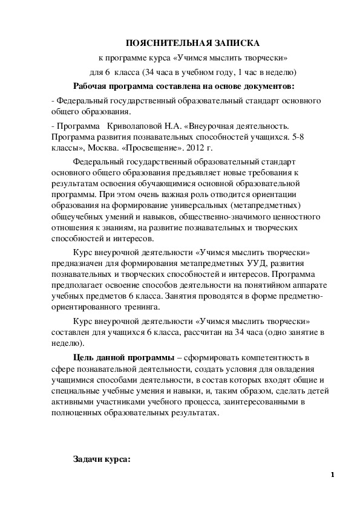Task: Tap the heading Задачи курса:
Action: click(101, 460)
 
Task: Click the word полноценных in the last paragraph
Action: click(79, 413)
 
